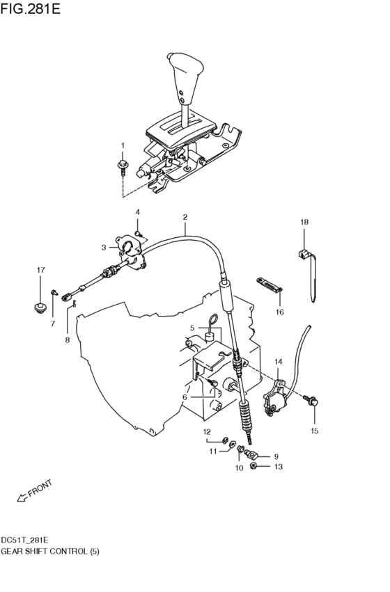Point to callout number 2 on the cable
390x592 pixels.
(186, 217)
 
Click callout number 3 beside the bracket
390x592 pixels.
(104, 247)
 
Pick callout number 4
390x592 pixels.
(137, 212)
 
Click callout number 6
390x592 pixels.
(185, 397)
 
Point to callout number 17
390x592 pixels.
(40, 270)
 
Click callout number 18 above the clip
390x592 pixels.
(304, 223)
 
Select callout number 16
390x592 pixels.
(280, 312)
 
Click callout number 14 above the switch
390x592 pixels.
(279, 362)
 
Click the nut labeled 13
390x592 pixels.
(256, 467)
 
